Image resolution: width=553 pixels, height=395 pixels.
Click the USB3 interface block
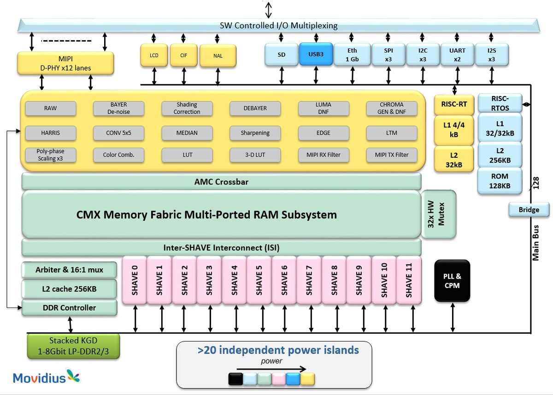[316, 54]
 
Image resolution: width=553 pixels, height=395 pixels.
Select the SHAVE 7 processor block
[308, 280]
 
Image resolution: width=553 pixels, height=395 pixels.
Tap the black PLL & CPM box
[452, 281]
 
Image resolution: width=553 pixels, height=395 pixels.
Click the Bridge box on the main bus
[529, 209]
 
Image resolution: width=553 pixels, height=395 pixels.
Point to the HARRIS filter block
[50, 133]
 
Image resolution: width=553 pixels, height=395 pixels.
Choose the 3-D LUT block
[255, 155]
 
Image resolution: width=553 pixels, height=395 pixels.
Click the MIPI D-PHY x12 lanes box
[65, 64]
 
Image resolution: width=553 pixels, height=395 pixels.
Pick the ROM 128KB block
[500, 181]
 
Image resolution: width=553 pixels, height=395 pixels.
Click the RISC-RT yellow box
[454, 104]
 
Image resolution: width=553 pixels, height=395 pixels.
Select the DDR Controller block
[69, 308]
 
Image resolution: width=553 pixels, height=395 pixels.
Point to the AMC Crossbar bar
[221, 182]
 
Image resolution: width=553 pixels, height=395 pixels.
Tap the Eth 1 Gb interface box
[352, 54]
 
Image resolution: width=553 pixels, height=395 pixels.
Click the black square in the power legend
[235, 379]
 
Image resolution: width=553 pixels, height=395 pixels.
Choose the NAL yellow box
[218, 56]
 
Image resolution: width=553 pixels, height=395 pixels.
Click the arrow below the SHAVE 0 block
[135, 318]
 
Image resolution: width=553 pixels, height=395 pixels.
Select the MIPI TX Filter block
[391, 155]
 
